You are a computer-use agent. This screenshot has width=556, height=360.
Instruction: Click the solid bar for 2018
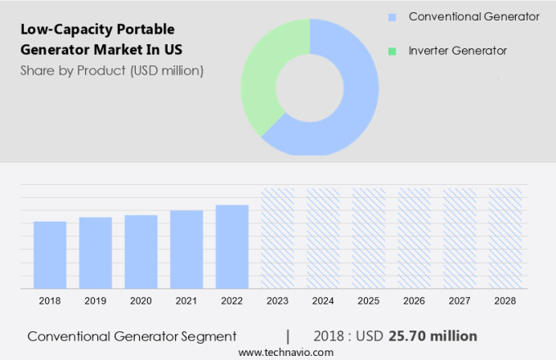coord(50,255)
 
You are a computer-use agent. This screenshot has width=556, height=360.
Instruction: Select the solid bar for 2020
coord(141,252)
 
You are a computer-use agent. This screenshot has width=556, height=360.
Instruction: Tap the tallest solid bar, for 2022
coord(232,247)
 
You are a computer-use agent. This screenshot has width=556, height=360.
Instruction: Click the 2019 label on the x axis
coord(96,301)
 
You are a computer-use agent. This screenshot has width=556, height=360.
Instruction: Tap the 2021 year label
coord(186,301)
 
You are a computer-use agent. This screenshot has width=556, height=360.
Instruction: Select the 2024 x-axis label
coord(323,301)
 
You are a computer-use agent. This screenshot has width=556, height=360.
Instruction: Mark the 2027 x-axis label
coord(460,301)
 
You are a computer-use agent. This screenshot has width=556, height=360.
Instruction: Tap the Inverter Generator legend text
coord(458,51)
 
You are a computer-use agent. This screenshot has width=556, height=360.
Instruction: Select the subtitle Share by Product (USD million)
coord(112,70)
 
